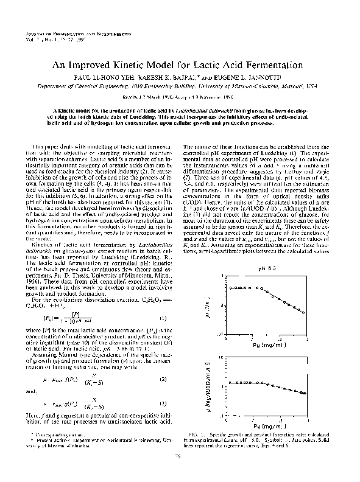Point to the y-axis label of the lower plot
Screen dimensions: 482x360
point(207,387)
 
